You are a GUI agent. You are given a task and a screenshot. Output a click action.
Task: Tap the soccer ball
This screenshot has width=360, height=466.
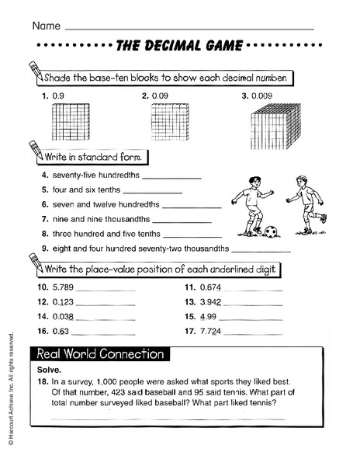[271, 231]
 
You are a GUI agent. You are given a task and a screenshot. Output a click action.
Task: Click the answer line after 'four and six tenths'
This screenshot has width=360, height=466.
[152, 191]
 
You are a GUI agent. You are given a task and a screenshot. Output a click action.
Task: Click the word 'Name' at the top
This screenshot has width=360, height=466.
[46, 26]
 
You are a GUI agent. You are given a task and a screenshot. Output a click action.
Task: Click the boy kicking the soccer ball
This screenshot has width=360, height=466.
[252, 205]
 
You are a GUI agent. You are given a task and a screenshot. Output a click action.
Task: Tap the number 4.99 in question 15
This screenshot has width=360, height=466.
[208, 316]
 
